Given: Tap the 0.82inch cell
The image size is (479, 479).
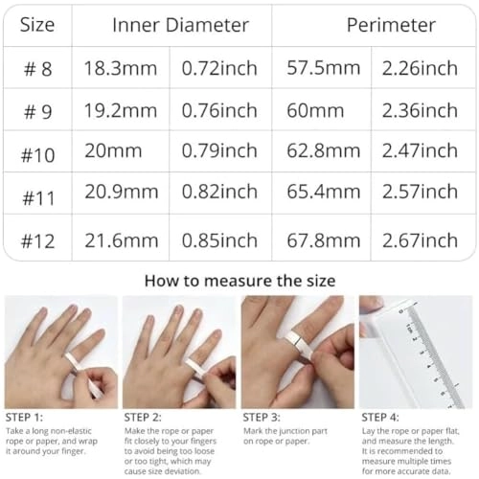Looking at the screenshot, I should tap(219, 194).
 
